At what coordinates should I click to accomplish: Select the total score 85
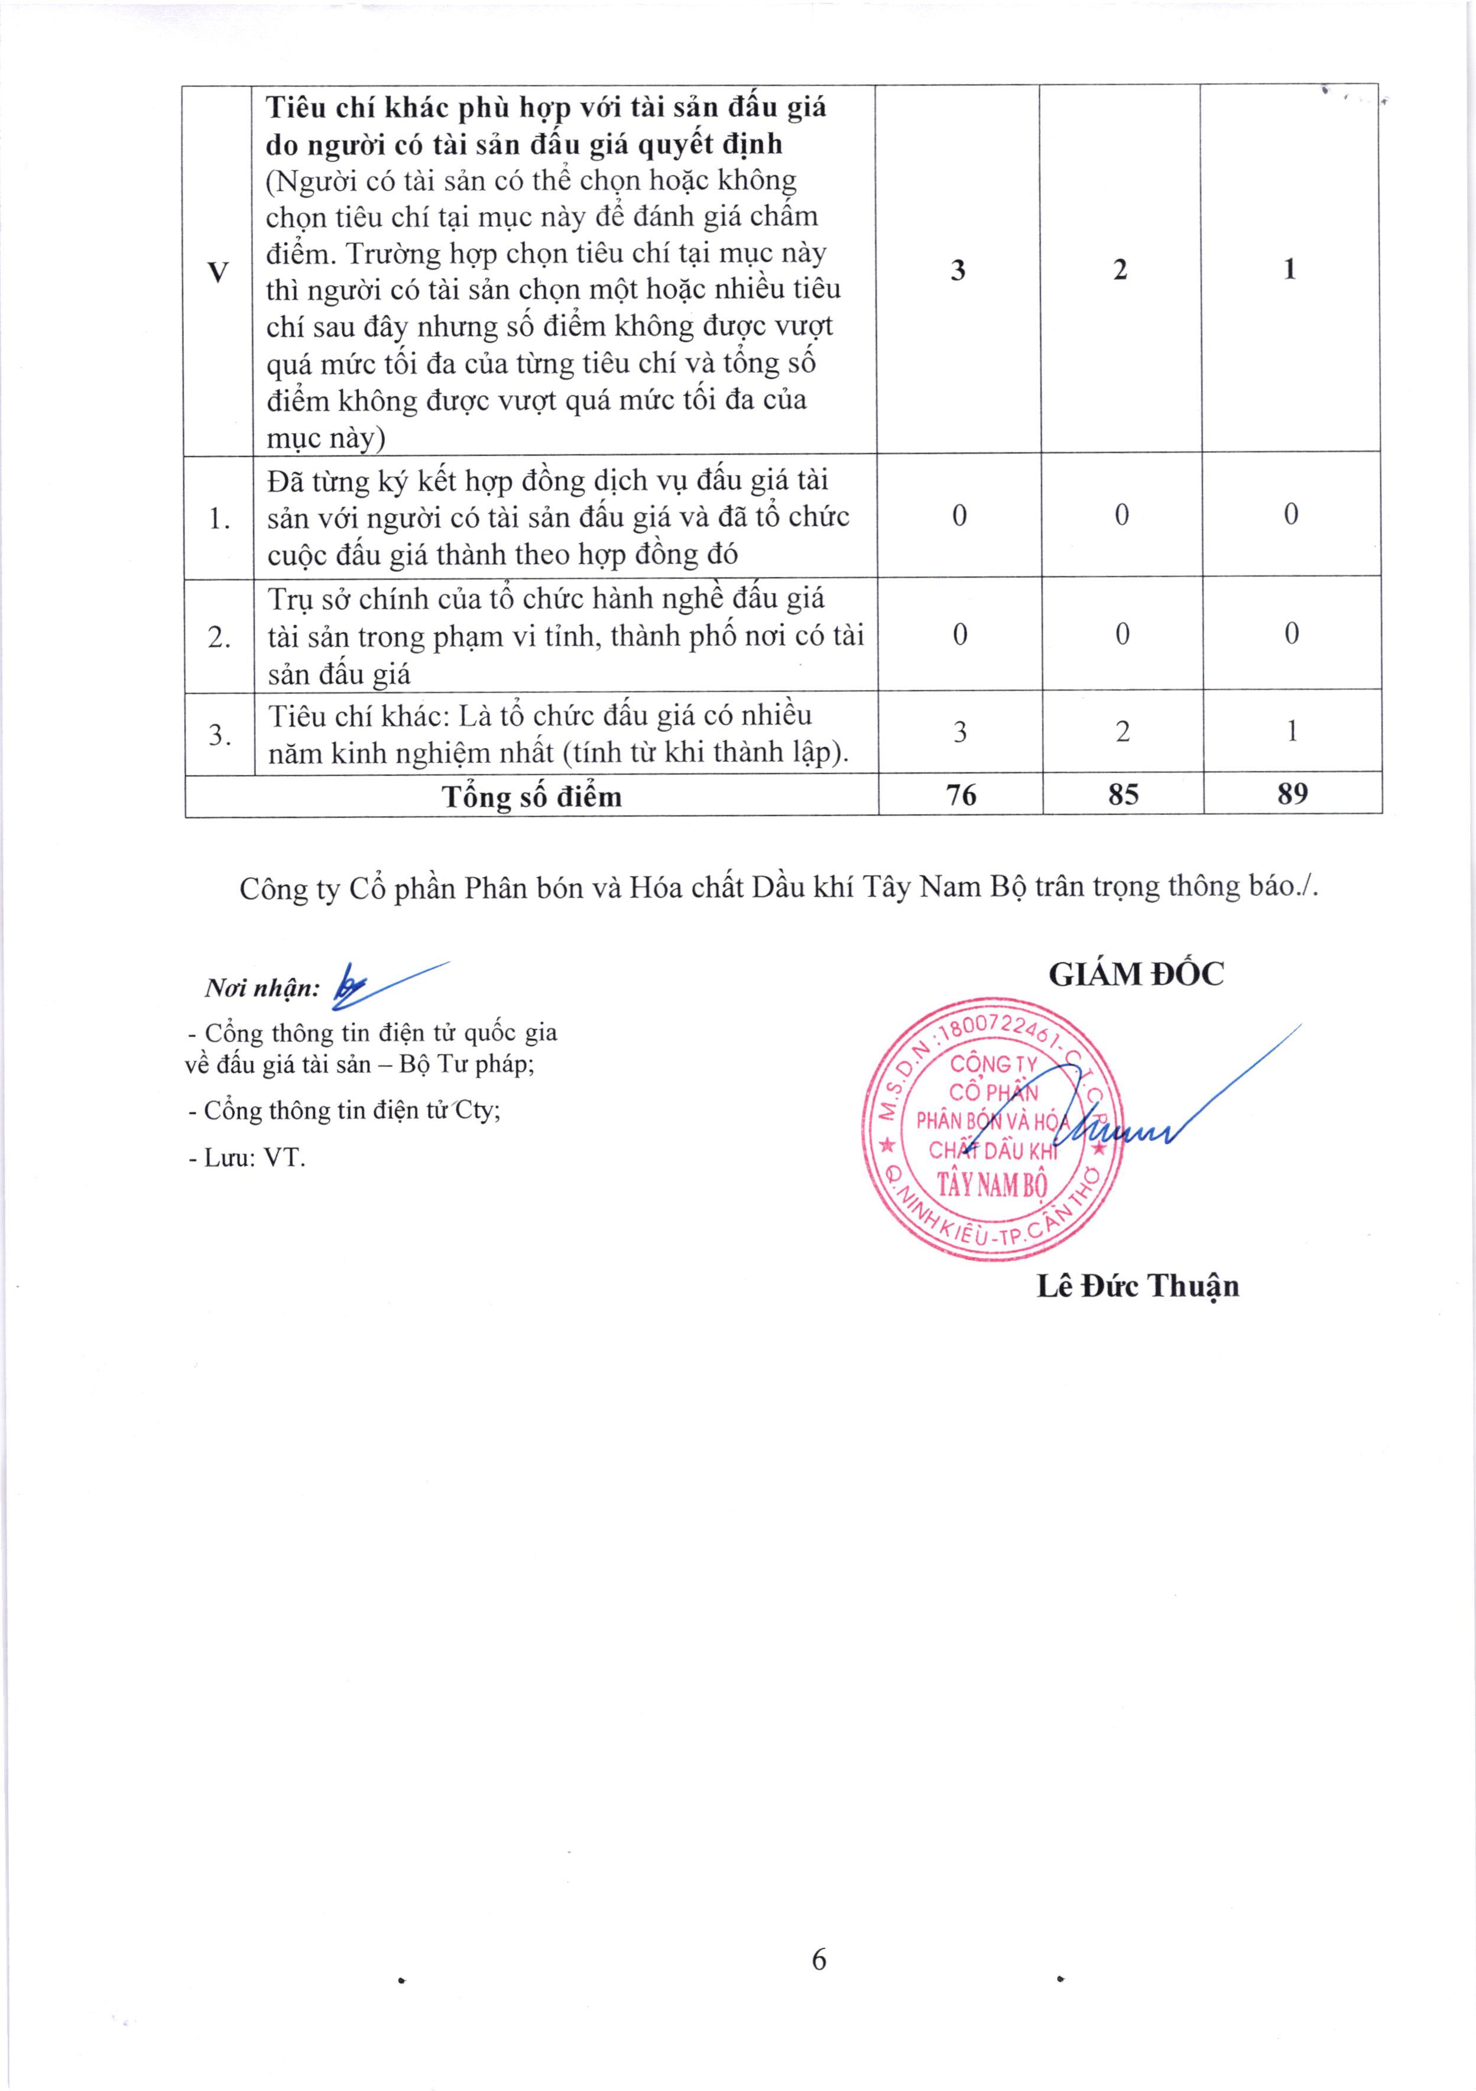point(1123,794)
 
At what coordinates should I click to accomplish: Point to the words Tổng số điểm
point(532,797)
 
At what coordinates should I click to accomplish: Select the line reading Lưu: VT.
point(246,1157)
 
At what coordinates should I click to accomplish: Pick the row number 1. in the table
point(219,518)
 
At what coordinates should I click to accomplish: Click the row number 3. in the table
point(219,734)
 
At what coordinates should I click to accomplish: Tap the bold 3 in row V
point(958,270)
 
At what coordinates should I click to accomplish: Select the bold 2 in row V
point(1120,270)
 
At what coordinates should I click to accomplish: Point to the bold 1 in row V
point(1289,270)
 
